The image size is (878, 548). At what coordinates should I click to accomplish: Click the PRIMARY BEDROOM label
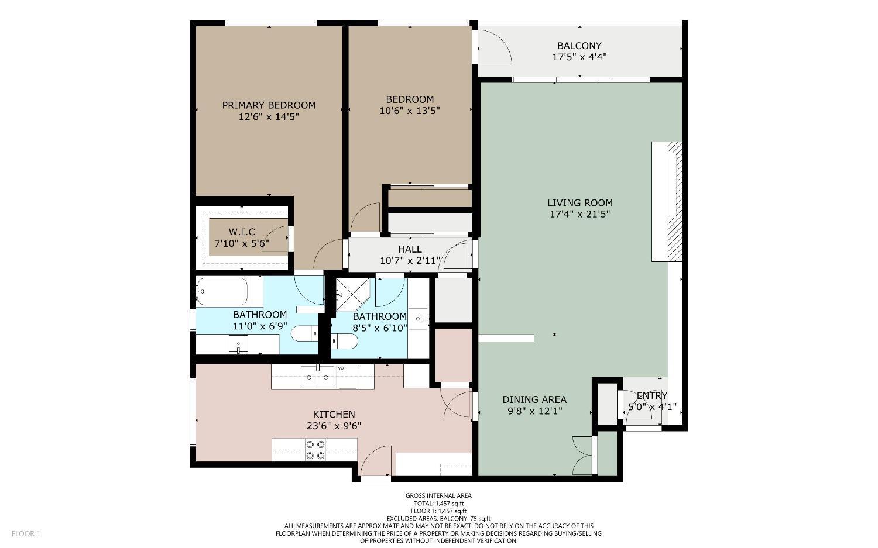269,105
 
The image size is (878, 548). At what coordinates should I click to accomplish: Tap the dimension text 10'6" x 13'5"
410,111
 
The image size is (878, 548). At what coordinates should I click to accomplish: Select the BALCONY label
579,46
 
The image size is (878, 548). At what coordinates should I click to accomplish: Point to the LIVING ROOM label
579,203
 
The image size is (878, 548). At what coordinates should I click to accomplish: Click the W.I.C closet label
242,232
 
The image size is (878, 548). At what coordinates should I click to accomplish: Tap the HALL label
410,249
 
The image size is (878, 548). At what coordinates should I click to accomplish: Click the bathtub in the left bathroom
223,291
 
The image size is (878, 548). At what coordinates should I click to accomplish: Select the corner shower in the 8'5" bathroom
351,292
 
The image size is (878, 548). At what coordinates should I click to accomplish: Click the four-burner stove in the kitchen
315,449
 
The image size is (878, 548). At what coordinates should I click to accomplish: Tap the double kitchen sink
317,377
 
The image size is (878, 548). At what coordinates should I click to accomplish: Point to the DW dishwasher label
340,369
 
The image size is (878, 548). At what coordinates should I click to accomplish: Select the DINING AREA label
534,399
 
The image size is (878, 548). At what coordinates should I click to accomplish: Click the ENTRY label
651,396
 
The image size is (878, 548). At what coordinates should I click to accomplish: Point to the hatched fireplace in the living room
675,202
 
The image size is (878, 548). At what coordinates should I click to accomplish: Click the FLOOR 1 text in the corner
26,533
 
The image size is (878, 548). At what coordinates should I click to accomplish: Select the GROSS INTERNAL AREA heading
438,495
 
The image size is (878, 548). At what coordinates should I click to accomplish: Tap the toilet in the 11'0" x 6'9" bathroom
304,333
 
